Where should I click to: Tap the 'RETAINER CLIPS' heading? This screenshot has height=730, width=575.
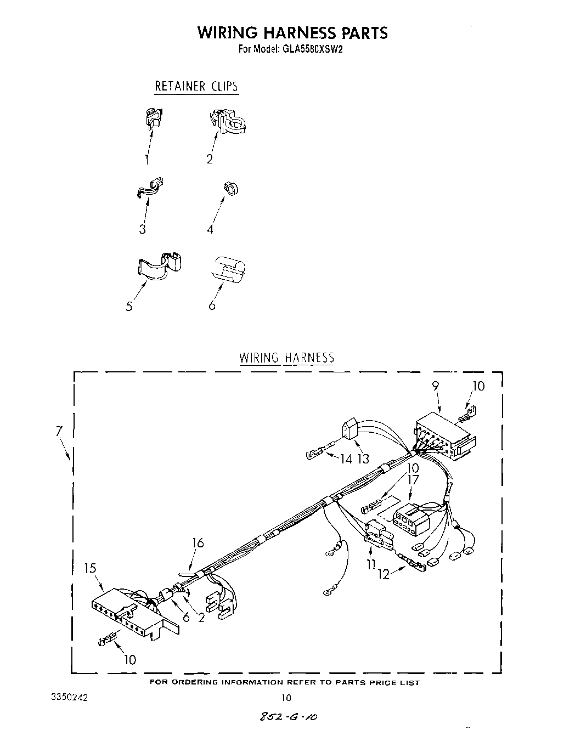(196, 86)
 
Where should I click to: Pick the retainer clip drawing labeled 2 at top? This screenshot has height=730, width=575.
(228, 122)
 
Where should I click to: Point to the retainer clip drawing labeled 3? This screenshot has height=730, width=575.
(150, 188)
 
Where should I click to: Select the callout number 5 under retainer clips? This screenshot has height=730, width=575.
(129, 306)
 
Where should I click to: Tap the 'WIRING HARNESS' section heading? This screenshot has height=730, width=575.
(286, 358)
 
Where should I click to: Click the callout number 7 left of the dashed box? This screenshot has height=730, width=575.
(59, 432)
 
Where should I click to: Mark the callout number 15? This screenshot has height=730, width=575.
(90, 568)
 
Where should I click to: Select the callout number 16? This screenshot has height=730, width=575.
(198, 543)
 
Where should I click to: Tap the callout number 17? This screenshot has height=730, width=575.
(413, 479)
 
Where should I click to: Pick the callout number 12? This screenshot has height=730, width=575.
(384, 574)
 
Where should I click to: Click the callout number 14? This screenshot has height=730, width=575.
(346, 459)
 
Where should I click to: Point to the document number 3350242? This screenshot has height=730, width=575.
(69, 697)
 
